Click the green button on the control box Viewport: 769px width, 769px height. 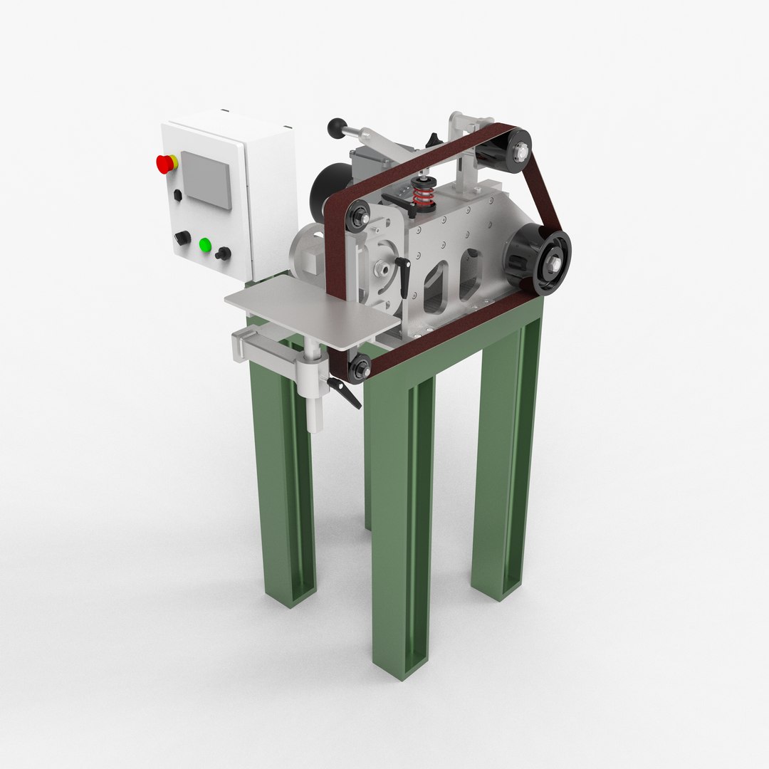pyautogui.click(x=205, y=246)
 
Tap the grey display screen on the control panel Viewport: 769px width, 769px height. pyautogui.click(x=206, y=179)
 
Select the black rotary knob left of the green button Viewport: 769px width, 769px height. pyautogui.click(x=183, y=238)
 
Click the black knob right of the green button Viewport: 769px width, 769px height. pyautogui.click(x=224, y=253)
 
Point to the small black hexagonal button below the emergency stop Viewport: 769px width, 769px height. pyautogui.click(x=177, y=195)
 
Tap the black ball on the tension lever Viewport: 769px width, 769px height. pyautogui.click(x=334, y=127)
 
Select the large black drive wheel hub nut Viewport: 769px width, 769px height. pyautogui.click(x=553, y=262)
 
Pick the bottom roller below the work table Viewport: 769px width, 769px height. pyautogui.click(x=358, y=367)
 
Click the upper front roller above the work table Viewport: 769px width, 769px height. pyautogui.click(x=358, y=213)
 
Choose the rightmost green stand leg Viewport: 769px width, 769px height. pyautogui.click(x=506, y=456)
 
